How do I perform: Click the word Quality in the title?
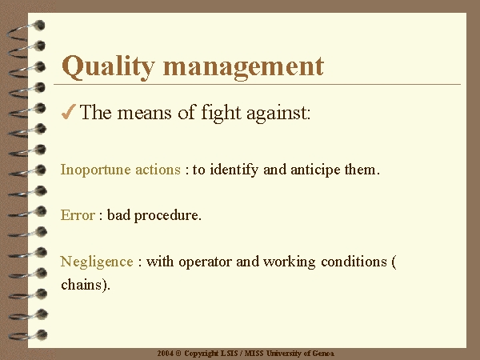[108, 67]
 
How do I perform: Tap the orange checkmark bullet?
[69, 112]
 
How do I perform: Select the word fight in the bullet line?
[221, 113]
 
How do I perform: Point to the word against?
[278, 114]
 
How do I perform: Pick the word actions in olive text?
[158, 170]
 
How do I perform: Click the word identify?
[234, 170]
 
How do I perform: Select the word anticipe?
[315, 170]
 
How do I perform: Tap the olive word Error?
[78, 215]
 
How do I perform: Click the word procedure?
[168, 216]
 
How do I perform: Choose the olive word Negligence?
[97, 262]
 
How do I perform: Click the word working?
[290, 262]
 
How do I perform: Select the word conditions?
[354, 262]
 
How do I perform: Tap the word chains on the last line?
[82, 285]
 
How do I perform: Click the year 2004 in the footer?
[166, 354]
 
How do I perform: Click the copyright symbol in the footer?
[178, 354]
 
